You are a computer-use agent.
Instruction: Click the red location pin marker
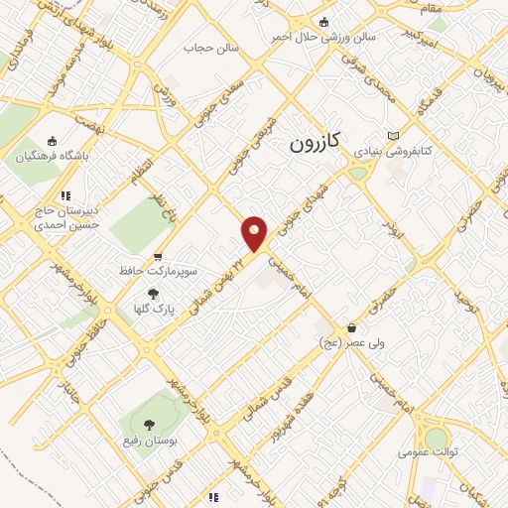pos(255,233)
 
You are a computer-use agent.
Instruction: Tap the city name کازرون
pos(315,143)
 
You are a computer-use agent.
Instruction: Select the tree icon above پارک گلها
pos(153,294)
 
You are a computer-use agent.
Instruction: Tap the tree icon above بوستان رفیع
pos(148,426)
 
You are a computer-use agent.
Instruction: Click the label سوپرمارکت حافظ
pos(173,270)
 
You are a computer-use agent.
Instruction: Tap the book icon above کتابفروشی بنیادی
pos(394,135)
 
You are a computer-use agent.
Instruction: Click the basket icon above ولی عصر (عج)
pos(351,328)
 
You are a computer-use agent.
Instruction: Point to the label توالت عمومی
pos(428,451)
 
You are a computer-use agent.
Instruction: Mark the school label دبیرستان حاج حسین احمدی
pos(66,218)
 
